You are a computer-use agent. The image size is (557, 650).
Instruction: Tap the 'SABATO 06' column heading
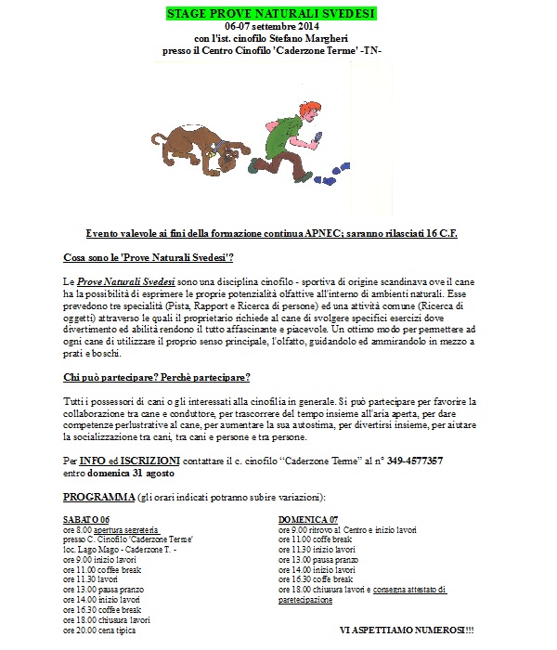pyautogui.click(x=86, y=520)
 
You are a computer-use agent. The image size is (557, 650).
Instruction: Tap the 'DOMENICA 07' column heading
pyautogui.click(x=308, y=520)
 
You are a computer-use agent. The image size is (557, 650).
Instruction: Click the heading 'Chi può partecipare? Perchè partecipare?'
pyautogui.click(x=157, y=377)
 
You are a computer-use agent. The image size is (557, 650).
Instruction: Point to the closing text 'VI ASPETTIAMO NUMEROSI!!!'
pyautogui.click(x=406, y=630)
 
